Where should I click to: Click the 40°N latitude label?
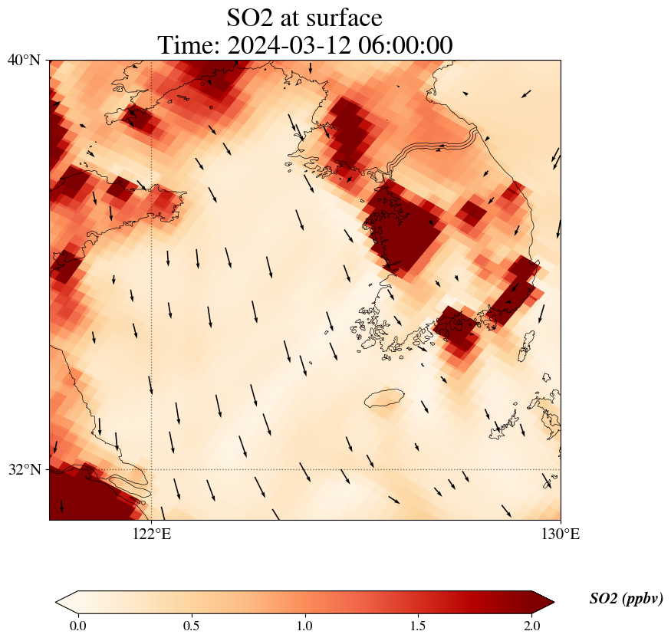click(x=24, y=60)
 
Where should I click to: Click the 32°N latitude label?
click(x=24, y=469)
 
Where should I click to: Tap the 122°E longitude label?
click(x=152, y=534)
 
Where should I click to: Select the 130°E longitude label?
click(x=561, y=534)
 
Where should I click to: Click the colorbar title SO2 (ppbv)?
click(x=626, y=599)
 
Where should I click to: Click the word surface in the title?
click(x=342, y=17)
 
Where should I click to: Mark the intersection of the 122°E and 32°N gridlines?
click(x=152, y=469)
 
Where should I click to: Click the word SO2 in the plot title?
click(x=249, y=17)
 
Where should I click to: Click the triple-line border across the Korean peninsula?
click(x=433, y=147)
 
